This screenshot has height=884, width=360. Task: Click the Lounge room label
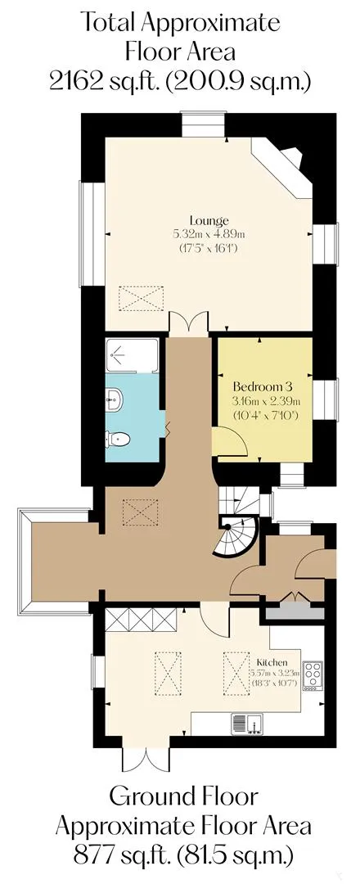[209, 220]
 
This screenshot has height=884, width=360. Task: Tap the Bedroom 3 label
[263, 387]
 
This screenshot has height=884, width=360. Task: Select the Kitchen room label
[272, 662]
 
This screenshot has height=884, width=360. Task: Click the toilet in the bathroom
[118, 438]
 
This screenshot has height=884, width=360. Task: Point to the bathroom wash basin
[114, 399]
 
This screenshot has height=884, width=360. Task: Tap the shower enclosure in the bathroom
[132, 354]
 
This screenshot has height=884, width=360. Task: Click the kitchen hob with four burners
[312, 675]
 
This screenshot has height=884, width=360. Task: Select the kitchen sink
[247, 723]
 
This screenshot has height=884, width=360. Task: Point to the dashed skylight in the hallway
[140, 512]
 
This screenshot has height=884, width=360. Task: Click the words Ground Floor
[183, 798]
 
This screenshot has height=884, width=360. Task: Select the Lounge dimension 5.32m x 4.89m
[209, 233]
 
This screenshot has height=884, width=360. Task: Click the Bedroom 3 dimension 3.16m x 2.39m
[263, 402]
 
